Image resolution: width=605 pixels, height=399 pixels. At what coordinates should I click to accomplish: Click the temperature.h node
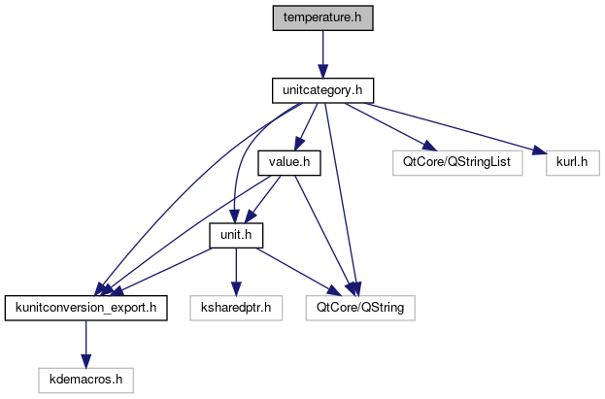pyautogui.click(x=321, y=18)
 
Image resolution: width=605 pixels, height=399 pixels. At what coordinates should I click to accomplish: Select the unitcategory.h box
pyautogui.click(x=321, y=91)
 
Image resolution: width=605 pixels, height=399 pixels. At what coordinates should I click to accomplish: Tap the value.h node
pyautogui.click(x=288, y=163)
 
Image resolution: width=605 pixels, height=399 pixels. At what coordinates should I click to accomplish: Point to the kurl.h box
pyautogui.click(x=567, y=163)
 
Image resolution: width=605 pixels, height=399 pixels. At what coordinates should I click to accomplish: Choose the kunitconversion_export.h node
pyautogui.click(x=85, y=309)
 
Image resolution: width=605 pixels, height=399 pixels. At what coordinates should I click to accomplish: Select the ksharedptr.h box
pyautogui.click(x=235, y=309)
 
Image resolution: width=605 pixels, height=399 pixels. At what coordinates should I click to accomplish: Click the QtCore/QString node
pyautogui.click(x=360, y=309)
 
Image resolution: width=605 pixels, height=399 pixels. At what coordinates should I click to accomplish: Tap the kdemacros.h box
pyautogui.click(x=85, y=381)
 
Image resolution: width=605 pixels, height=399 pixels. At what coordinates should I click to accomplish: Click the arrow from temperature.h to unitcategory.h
pyautogui.click(x=321, y=54)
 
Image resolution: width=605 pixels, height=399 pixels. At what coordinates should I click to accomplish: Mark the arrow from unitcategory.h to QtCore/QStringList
pyautogui.click(x=388, y=126)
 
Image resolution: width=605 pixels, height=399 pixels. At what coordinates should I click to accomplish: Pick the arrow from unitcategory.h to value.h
pyautogui.click(x=306, y=126)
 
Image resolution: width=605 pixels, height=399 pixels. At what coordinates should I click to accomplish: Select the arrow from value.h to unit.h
pyautogui.click(x=263, y=199)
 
